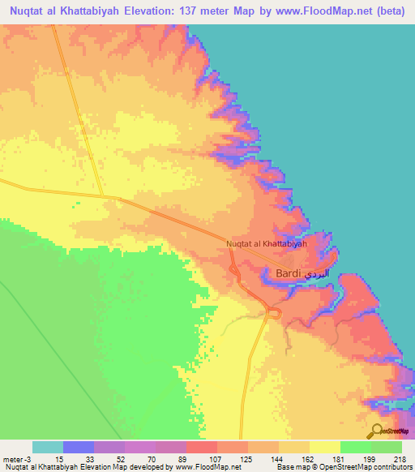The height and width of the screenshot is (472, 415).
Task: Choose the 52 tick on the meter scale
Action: pyautogui.click(x=121, y=458)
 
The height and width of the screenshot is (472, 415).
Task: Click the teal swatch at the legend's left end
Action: pyautogui.click(x=48, y=447)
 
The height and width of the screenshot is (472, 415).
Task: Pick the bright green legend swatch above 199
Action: pyautogui.click(x=356, y=447)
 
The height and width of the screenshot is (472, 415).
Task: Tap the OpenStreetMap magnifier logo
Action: pyautogui.click(x=377, y=431)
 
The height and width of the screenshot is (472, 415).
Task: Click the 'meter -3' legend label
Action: pyautogui.click(x=16, y=458)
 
